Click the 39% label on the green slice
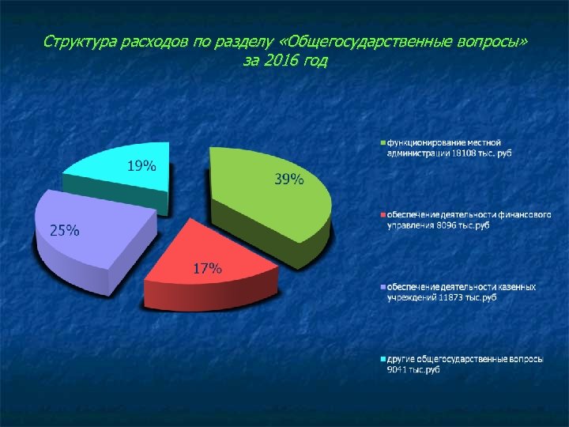point(288,179)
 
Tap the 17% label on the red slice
point(208,268)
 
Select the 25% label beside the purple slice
point(65,231)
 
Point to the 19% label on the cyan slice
point(142,166)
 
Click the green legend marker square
point(383,142)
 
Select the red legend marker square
point(383,215)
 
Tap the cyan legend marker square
point(383,359)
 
